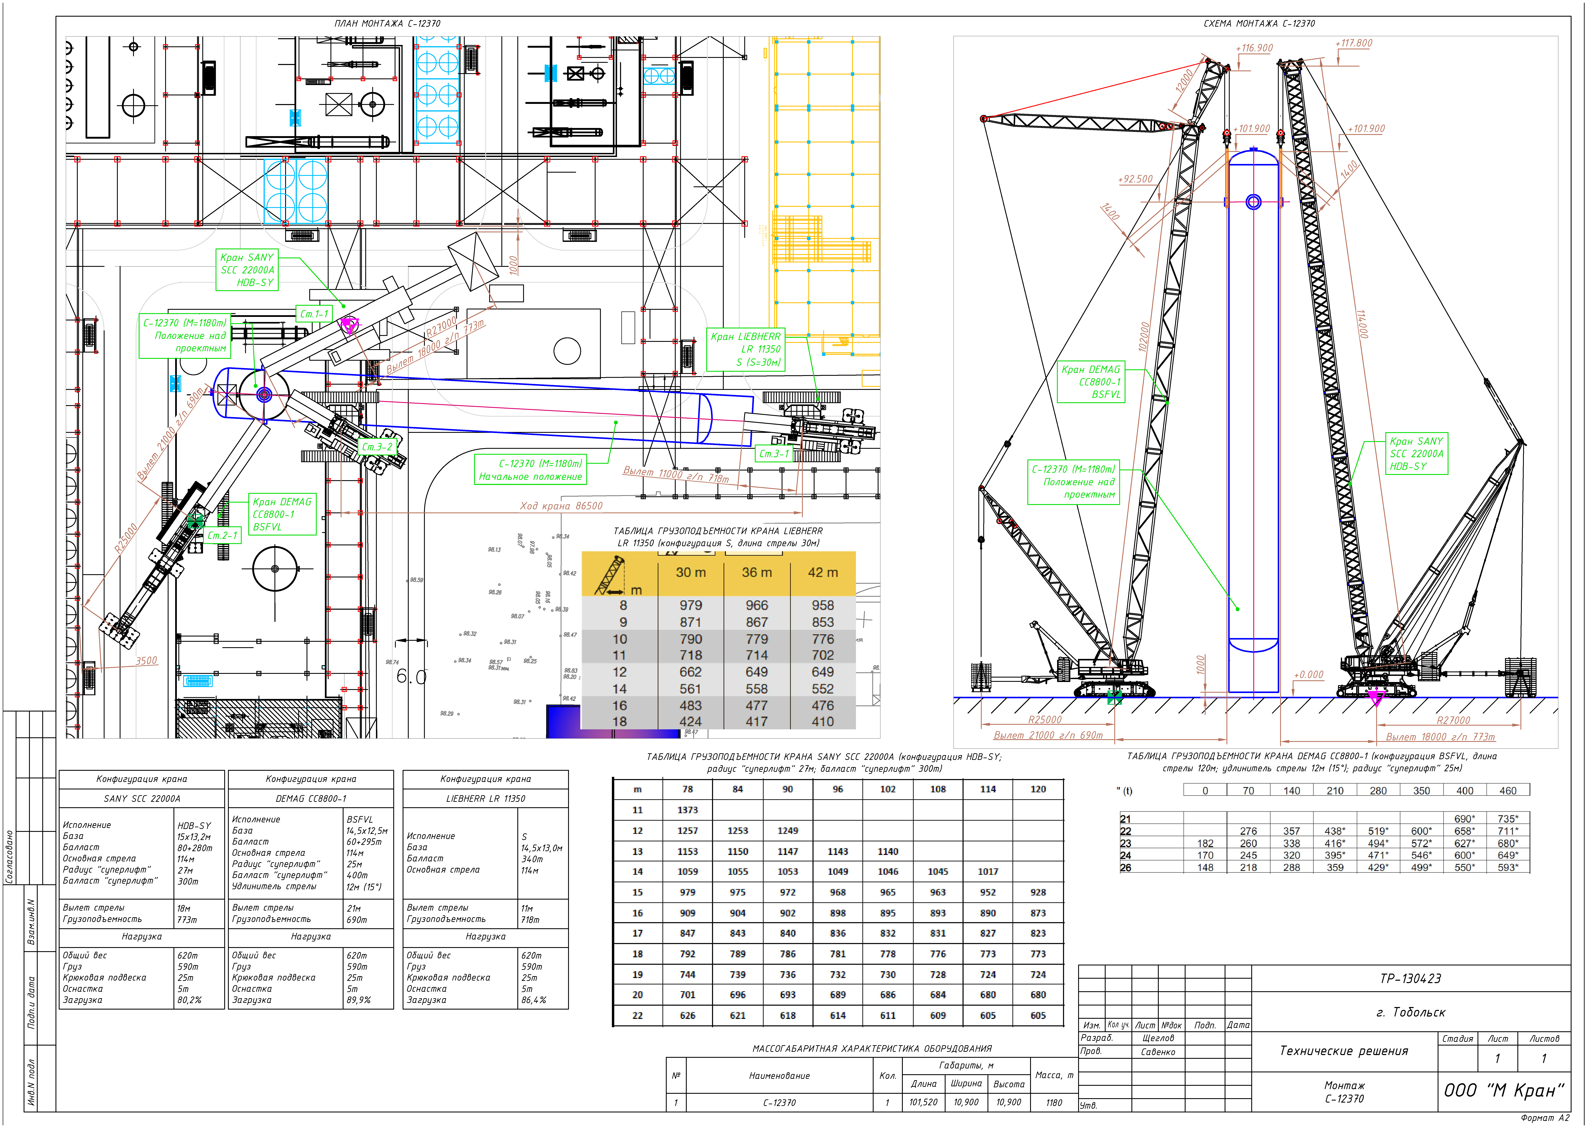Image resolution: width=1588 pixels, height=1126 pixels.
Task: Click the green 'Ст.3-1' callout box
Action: pos(774,454)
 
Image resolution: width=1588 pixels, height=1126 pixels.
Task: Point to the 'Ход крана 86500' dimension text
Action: pos(561,505)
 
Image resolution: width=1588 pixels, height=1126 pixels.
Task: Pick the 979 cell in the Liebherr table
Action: pos(690,605)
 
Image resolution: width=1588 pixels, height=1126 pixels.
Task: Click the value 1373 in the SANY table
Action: pos(688,810)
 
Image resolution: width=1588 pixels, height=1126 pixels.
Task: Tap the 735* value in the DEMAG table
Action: pos(1508,819)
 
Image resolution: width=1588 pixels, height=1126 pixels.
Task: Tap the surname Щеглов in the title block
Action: pos(1158,1038)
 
